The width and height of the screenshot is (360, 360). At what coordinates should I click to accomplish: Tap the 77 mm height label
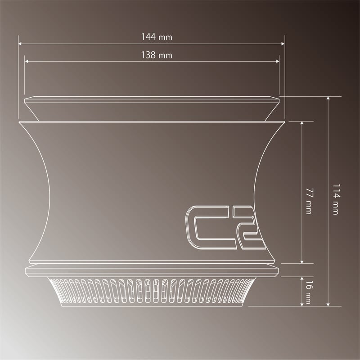click(308, 201)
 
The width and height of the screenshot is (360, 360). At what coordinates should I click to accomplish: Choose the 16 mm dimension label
click(308, 291)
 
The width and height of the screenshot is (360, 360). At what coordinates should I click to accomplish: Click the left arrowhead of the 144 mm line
click(20, 44)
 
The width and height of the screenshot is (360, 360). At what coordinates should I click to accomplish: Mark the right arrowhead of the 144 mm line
click(283, 44)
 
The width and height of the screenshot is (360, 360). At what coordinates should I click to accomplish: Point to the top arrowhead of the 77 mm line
click(301, 123)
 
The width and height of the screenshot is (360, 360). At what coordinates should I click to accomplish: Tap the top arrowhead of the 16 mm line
click(301, 278)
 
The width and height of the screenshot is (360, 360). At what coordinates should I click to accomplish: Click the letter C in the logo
click(202, 227)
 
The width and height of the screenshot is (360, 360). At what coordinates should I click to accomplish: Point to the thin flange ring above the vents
click(152, 270)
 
